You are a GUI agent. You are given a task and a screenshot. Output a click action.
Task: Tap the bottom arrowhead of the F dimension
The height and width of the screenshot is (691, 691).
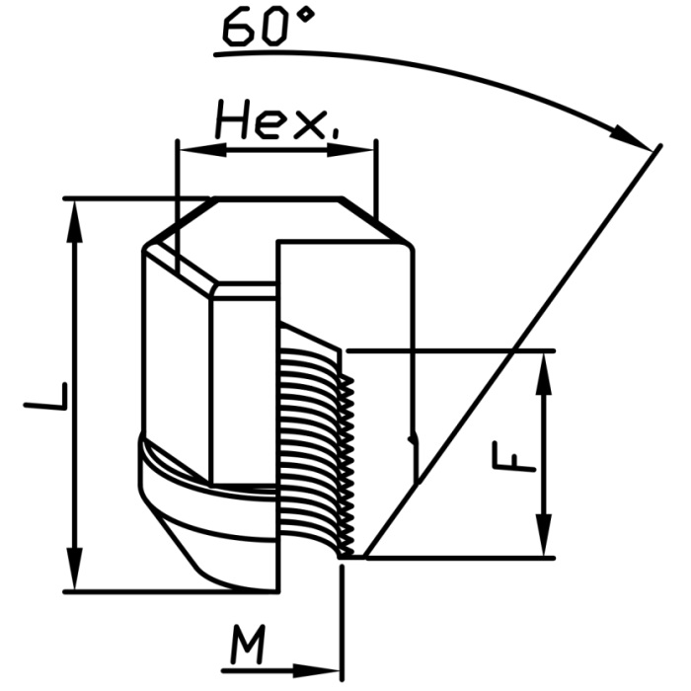(x=542, y=544)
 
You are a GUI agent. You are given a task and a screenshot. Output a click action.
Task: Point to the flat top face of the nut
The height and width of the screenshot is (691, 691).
(x=276, y=200)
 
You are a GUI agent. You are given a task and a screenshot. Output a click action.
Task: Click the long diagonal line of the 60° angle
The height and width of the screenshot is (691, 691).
(x=513, y=345)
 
